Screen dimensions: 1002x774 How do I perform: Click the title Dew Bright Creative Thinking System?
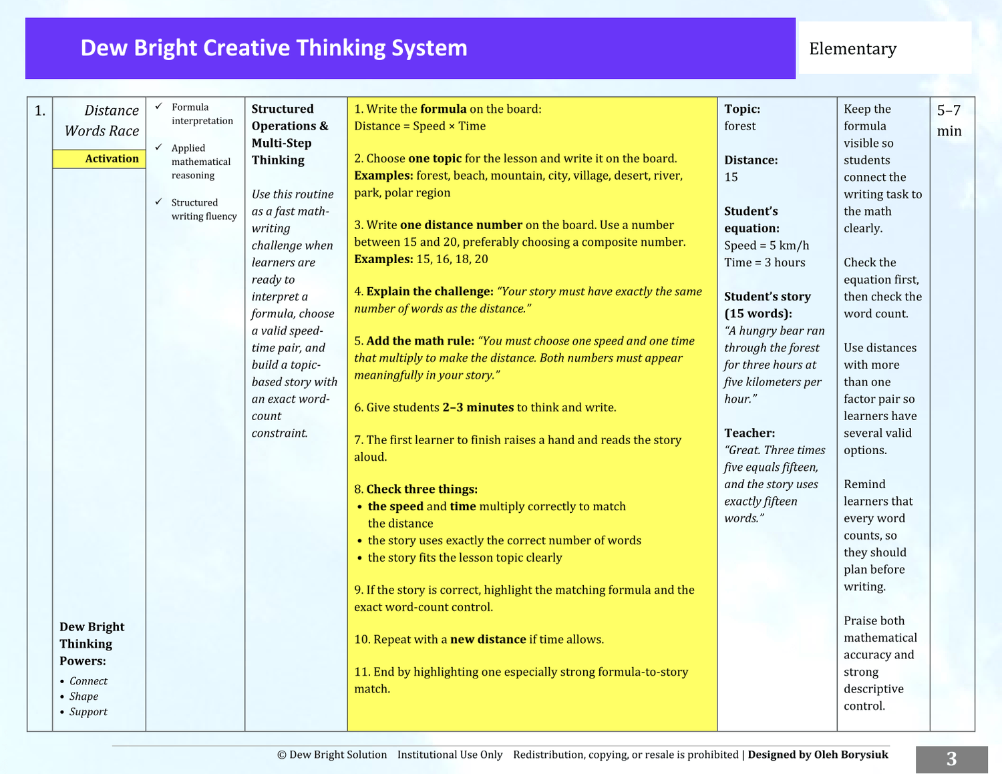tap(274, 48)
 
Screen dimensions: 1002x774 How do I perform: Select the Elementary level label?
tap(852, 48)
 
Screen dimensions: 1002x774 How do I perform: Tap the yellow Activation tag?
tap(99, 158)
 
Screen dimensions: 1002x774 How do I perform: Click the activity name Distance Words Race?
tap(102, 120)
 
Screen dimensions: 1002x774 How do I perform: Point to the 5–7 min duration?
tap(949, 120)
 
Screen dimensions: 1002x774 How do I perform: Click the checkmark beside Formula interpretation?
tap(158, 106)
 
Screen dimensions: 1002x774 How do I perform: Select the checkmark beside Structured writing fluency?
tap(158, 202)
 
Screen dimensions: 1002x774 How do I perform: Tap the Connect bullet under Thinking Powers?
tap(88, 681)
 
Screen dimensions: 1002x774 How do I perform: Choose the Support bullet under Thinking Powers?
tap(88, 711)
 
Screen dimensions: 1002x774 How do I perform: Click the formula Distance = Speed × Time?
tap(420, 126)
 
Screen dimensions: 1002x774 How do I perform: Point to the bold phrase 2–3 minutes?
tap(478, 407)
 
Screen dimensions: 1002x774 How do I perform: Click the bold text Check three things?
tap(422, 489)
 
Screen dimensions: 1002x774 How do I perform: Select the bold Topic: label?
tap(742, 109)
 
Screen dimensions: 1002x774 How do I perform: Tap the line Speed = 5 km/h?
tap(766, 245)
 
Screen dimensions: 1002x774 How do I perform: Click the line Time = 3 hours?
tap(765, 262)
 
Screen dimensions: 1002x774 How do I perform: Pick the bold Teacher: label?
tap(749, 433)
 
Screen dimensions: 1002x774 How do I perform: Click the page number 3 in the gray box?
tap(952, 759)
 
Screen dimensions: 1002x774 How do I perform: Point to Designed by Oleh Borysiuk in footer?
tap(818, 755)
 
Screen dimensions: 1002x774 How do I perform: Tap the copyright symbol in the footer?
tap(281, 755)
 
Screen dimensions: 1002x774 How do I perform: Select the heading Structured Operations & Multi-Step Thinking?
tap(290, 134)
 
